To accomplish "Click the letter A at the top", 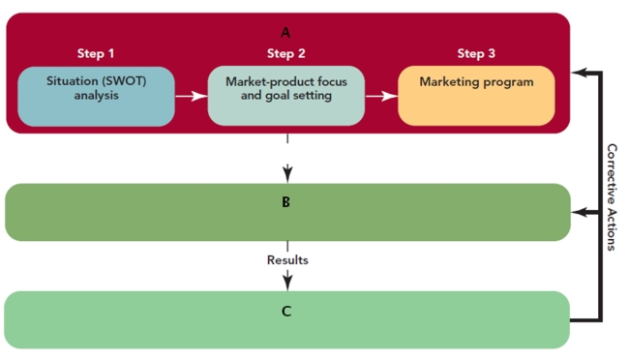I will point(285,32).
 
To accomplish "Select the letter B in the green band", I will point(286,203).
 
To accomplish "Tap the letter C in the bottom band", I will point(286,312).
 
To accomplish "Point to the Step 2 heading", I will point(286,52).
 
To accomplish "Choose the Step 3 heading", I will point(476,52).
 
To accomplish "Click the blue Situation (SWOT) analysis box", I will point(96,95).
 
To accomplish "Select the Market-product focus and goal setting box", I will point(285,95).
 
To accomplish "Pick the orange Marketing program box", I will point(476,95).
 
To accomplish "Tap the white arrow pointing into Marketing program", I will point(381,96).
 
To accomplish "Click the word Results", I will point(287,259).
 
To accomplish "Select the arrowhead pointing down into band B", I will point(287,175).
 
